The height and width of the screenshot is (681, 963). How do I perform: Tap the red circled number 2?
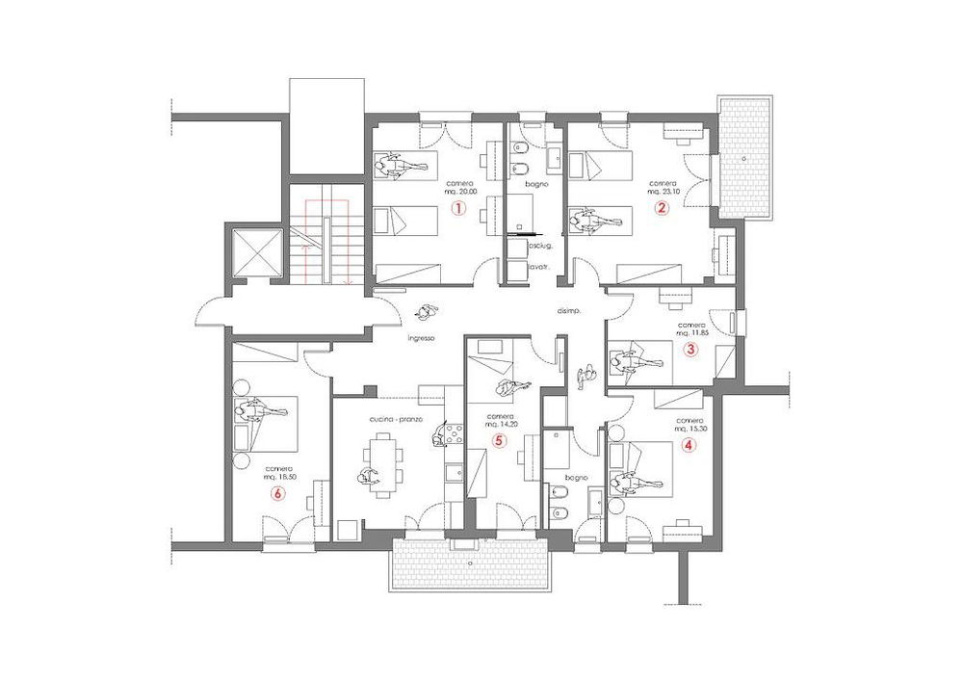click(x=662, y=207)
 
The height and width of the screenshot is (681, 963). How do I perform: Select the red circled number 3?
click(x=690, y=350)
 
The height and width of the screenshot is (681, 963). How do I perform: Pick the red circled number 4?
click(x=687, y=445)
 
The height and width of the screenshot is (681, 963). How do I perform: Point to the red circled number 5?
click(x=498, y=440)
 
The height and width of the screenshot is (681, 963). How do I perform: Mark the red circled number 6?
click(x=278, y=493)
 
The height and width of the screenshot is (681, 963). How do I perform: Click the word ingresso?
click(x=423, y=338)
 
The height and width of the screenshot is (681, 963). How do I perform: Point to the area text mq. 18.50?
click(x=278, y=478)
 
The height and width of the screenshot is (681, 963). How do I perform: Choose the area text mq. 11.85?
click(x=691, y=333)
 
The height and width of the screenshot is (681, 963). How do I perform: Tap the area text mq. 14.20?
click(x=500, y=424)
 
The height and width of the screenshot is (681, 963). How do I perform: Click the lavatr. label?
click(x=526, y=265)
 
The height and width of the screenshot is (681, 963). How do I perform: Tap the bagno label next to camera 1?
click(x=536, y=183)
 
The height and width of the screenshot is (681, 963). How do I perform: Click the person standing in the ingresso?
click(x=425, y=312)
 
